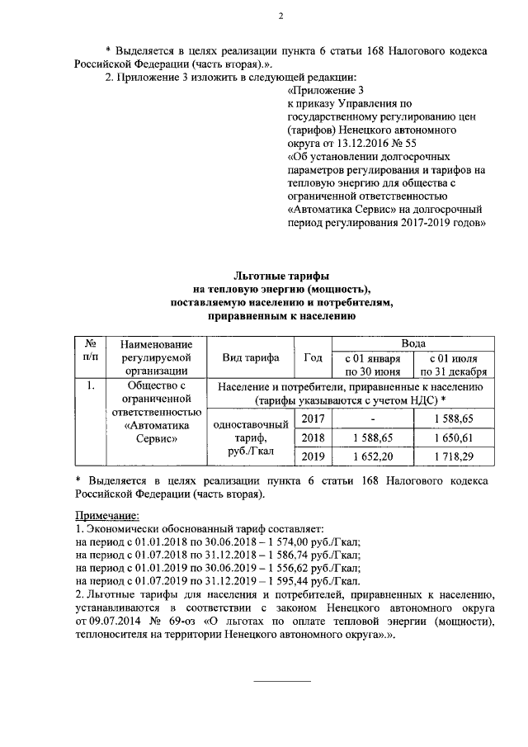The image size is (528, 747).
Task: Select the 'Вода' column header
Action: click(412, 343)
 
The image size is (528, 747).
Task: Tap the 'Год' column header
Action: click(313, 357)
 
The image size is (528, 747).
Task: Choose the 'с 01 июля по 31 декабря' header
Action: click(453, 365)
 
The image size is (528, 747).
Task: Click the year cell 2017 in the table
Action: click(313, 419)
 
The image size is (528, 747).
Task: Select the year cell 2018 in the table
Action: click(313, 437)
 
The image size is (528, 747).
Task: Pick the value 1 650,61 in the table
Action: click(453, 437)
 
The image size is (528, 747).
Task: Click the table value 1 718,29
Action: click(453, 456)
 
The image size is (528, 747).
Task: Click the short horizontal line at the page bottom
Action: click(280, 682)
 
